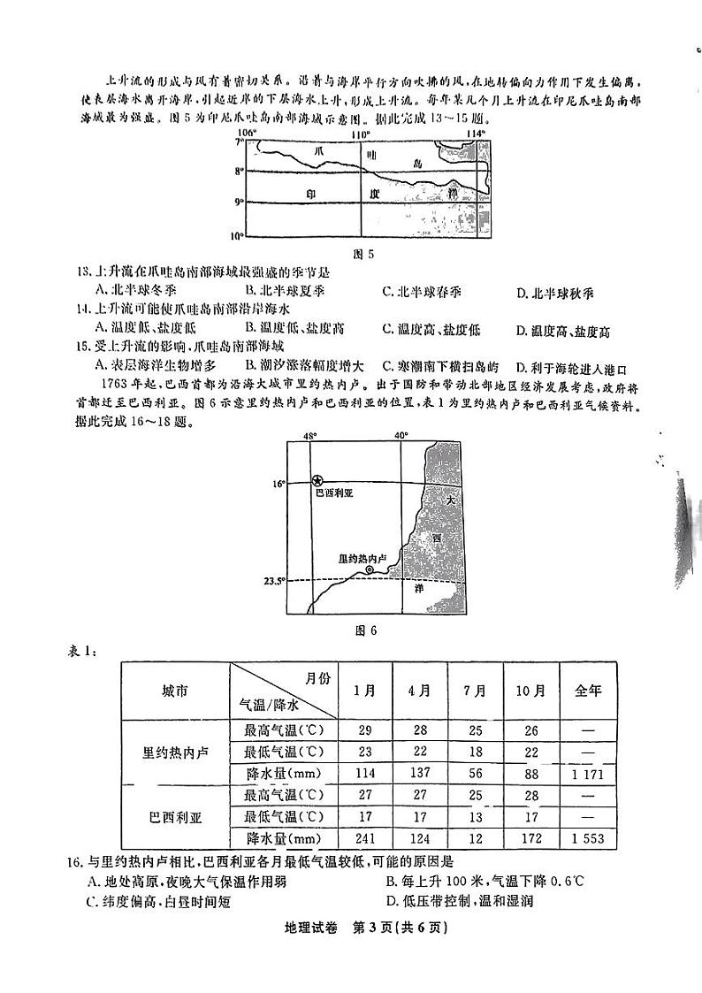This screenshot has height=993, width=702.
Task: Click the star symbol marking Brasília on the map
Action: (x=317, y=480)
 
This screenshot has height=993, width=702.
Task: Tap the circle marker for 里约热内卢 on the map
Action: (x=370, y=571)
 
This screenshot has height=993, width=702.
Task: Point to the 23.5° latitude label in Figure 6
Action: (x=275, y=581)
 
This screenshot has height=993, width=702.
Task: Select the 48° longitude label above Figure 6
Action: (x=309, y=436)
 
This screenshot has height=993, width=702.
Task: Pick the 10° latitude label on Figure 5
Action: (x=237, y=235)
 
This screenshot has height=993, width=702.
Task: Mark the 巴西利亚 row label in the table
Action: (x=174, y=816)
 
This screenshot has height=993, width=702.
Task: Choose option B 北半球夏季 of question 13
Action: (x=286, y=292)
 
